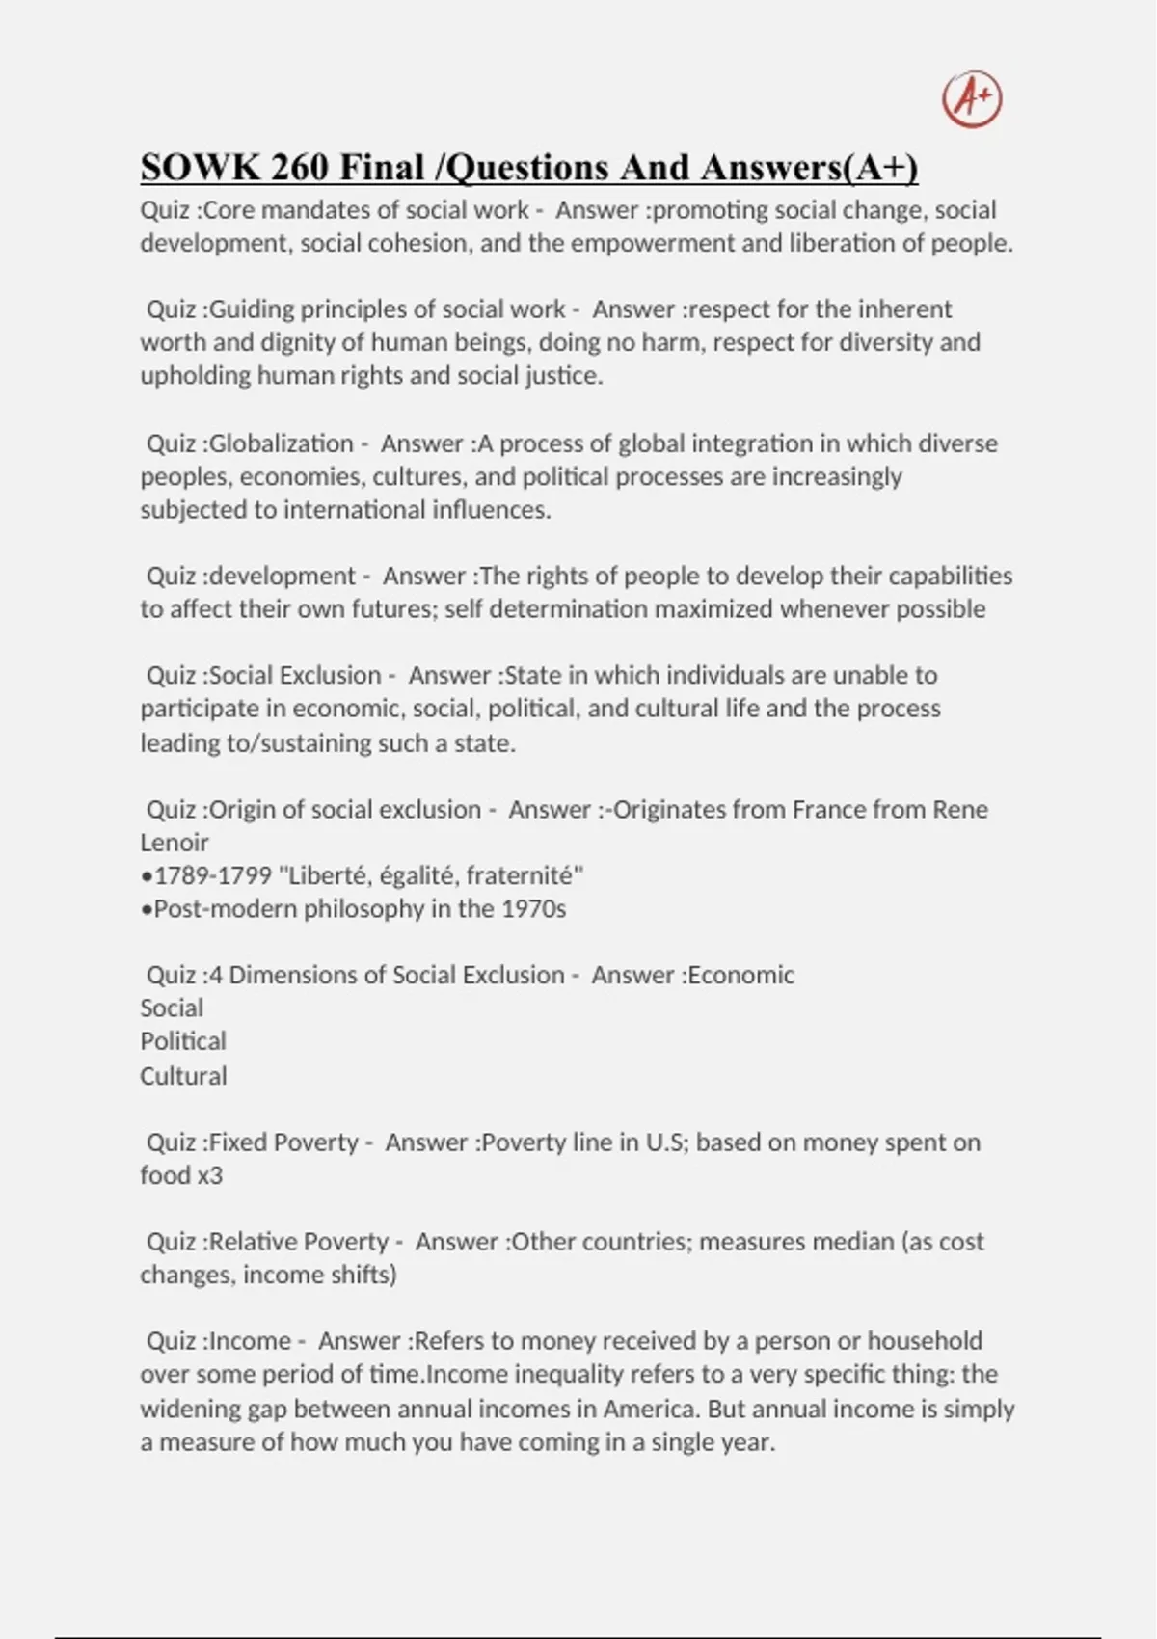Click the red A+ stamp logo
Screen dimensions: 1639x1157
click(972, 99)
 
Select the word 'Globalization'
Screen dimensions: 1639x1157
click(281, 443)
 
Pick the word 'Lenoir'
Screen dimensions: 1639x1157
click(175, 843)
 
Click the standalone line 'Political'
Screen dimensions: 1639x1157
click(183, 1041)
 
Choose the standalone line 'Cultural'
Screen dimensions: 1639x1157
click(183, 1076)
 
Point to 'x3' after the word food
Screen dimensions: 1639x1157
click(209, 1175)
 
